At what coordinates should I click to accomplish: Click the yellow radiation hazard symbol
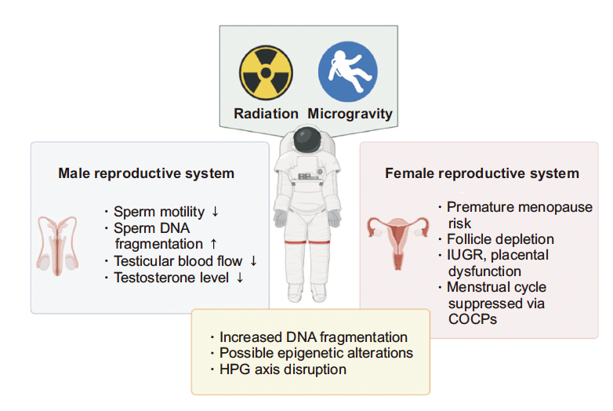266,73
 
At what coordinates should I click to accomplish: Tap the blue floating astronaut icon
347,71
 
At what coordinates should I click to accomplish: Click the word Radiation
266,114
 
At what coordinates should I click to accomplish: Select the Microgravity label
350,114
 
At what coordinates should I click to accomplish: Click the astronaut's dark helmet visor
307,140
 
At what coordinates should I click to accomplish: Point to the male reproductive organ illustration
57,246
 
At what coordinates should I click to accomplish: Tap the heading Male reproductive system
147,173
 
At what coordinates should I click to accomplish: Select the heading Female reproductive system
482,173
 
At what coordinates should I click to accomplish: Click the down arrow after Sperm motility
215,212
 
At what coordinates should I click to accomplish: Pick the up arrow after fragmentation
213,244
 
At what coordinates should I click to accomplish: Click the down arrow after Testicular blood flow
253,260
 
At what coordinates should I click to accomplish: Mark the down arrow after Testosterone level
240,277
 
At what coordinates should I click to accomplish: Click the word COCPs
472,319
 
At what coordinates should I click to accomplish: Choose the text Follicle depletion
500,239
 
